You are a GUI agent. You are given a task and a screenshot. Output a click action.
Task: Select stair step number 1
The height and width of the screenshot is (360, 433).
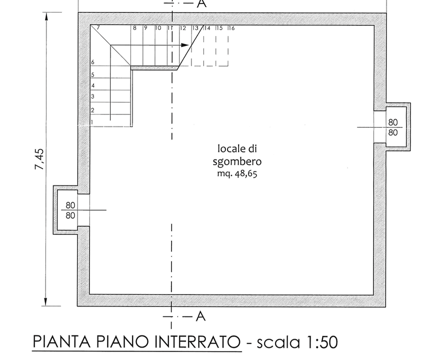[x=92, y=122]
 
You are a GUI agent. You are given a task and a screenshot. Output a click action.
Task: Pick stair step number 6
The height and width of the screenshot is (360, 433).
[x=92, y=62]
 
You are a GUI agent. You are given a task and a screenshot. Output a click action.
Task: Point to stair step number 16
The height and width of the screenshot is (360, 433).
[x=231, y=28]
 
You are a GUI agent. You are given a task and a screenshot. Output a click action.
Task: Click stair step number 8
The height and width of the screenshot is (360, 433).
[x=134, y=28]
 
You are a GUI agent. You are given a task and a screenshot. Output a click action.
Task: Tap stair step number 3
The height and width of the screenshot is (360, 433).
[x=92, y=96]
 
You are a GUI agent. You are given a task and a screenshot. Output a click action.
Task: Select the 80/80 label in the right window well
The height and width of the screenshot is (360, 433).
[x=393, y=127]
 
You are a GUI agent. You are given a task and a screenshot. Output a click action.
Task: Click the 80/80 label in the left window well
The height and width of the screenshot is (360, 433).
[x=70, y=210]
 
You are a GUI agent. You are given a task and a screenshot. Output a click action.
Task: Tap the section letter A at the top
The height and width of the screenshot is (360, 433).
[x=201, y=3]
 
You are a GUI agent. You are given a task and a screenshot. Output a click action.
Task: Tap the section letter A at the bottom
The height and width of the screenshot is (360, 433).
[x=200, y=316]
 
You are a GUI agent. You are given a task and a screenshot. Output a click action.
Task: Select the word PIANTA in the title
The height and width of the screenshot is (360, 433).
[x=55, y=342]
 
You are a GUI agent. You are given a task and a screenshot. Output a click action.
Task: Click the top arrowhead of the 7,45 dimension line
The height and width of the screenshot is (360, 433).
[x=46, y=16]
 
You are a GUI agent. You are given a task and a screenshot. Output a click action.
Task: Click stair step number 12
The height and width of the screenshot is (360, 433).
[x=183, y=28]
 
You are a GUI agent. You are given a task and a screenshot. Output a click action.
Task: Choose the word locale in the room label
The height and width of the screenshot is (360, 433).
[x=228, y=148]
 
